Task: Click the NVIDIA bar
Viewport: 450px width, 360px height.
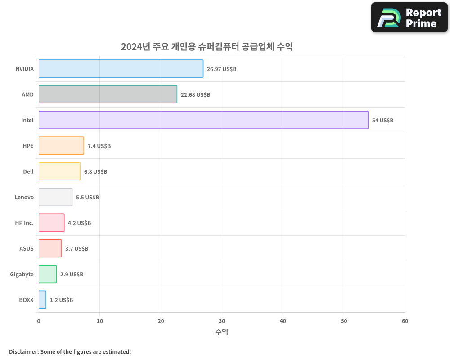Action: [x=121, y=69]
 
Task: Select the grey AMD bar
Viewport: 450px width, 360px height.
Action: [x=108, y=94]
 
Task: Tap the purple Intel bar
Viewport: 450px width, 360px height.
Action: [x=203, y=120]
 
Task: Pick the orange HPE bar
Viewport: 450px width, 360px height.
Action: [x=61, y=146]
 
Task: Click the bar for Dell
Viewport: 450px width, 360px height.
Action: [x=59, y=171]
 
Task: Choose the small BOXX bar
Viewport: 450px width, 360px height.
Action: [x=42, y=300]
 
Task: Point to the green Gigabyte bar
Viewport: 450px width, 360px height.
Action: [x=47, y=274]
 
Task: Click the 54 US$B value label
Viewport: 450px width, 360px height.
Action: [x=382, y=121]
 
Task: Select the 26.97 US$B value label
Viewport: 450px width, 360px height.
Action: [x=221, y=69]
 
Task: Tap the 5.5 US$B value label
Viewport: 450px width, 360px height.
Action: [x=87, y=198]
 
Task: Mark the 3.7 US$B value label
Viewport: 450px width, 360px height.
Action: [x=76, y=249]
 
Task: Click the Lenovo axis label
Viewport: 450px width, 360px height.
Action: [x=24, y=197]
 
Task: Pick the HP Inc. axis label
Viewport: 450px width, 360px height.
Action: [x=24, y=223]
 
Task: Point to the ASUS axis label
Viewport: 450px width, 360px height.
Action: [x=26, y=248]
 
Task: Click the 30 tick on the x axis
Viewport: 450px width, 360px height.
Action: [x=222, y=321]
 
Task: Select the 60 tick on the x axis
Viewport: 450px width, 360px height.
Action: [x=405, y=321]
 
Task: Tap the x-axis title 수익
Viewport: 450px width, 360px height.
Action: [x=221, y=332]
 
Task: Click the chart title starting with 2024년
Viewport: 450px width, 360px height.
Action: [x=207, y=46]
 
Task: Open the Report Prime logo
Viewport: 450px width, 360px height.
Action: [x=409, y=18]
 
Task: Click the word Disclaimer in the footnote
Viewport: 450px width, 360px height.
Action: [x=23, y=351]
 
